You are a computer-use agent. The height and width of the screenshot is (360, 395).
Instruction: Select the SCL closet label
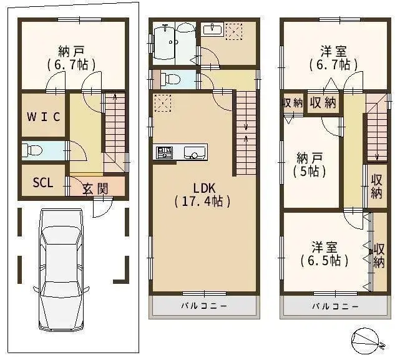click(x=42, y=183)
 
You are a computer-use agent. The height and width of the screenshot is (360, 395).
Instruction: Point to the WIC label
click(x=43, y=116)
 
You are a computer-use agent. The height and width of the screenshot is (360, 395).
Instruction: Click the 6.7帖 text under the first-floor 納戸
click(x=67, y=65)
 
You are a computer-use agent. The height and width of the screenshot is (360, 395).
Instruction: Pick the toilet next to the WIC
click(x=31, y=150)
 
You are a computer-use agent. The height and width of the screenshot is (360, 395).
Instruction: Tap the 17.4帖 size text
click(x=203, y=201)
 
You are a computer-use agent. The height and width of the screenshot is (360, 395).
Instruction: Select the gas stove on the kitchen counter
click(x=165, y=152)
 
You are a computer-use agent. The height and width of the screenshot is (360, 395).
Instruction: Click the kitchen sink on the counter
click(x=194, y=152)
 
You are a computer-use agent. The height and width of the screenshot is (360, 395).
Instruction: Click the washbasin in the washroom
click(x=213, y=29)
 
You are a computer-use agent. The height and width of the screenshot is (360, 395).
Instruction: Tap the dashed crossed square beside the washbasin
click(x=234, y=31)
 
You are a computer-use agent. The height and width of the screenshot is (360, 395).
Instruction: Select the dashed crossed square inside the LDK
click(x=162, y=102)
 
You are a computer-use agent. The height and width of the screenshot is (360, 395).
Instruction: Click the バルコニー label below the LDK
click(x=204, y=306)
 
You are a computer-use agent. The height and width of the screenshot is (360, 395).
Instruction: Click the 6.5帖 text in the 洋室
click(x=324, y=260)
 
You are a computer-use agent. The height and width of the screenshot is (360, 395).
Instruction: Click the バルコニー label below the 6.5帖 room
click(x=335, y=306)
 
